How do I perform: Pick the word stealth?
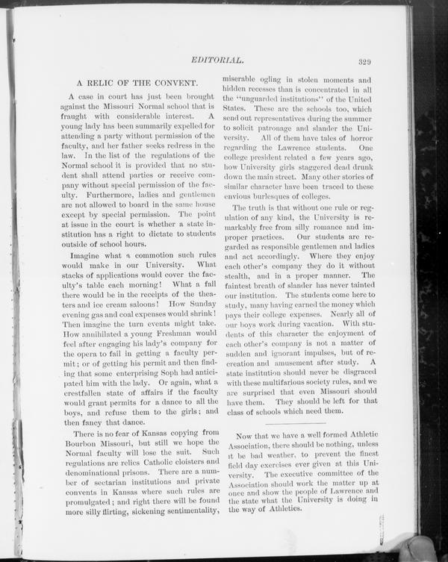tap(247, 274)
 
